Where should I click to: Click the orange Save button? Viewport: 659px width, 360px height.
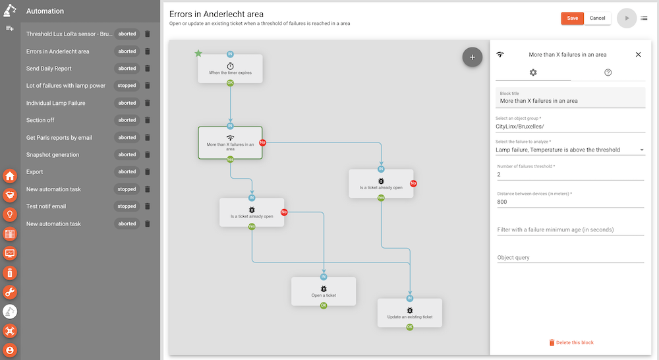point(572,18)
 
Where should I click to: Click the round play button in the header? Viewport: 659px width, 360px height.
point(627,18)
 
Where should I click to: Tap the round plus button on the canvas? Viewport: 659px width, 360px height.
point(473,57)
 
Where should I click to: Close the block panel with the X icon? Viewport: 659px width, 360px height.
point(638,55)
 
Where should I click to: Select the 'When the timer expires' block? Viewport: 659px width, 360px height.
point(230,69)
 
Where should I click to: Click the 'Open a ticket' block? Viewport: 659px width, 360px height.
point(324,291)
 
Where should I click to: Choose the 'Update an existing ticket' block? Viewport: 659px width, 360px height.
point(410,313)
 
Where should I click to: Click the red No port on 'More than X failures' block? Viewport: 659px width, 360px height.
point(262,142)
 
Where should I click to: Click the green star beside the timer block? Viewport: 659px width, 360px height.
point(198,53)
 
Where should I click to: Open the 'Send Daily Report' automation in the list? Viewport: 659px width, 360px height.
point(49,69)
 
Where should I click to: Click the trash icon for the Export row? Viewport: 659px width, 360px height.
point(148,171)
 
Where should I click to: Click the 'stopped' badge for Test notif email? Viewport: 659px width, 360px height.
point(127,206)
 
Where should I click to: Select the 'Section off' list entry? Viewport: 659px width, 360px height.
point(40,120)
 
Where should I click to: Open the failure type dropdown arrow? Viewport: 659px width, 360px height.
point(642,150)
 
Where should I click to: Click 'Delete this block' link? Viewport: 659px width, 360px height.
point(571,343)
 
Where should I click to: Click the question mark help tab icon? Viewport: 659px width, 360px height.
point(608,73)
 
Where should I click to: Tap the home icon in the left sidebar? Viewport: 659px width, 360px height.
point(10,176)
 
